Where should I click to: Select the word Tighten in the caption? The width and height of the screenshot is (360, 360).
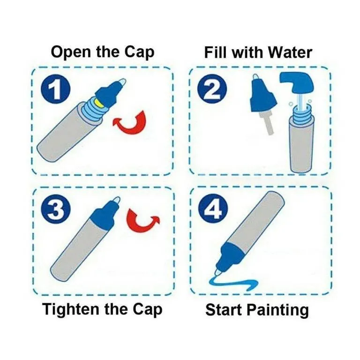pyautogui.click(x=71, y=309)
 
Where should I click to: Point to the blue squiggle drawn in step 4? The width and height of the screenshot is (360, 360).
pyautogui.click(x=232, y=284)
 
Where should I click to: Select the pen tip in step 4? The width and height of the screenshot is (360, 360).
pyautogui.click(x=218, y=272)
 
